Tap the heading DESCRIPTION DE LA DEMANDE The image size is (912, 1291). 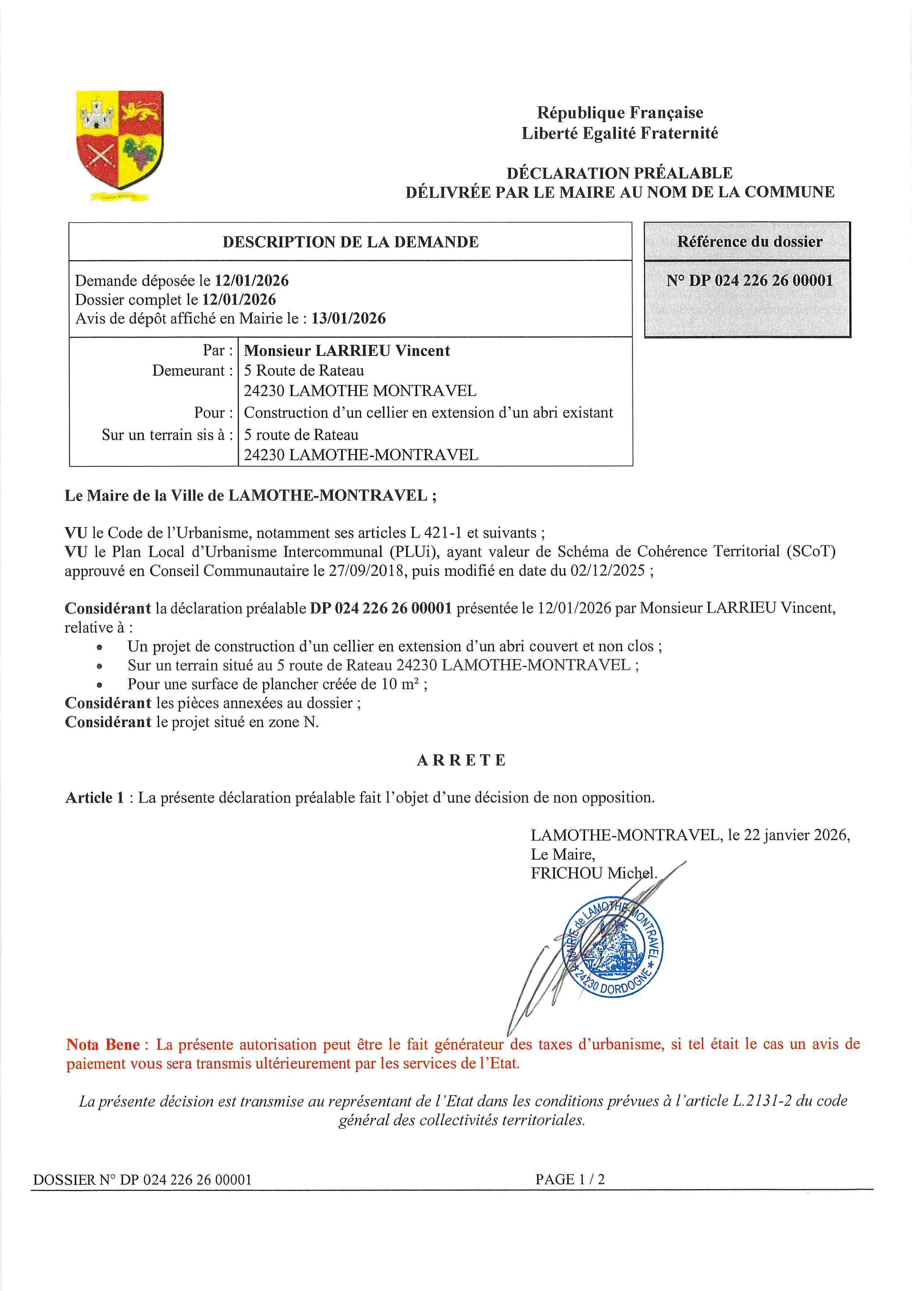[x=350, y=243]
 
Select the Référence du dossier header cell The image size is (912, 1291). [x=749, y=242]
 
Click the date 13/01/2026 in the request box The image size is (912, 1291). [x=348, y=319]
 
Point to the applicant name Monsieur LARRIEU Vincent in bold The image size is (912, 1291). [x=347, y=351]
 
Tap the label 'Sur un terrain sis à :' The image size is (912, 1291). [x=167, y=435]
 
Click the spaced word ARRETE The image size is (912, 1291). [x=462, y=760]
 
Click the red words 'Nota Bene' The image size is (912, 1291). [x=103, y=1045]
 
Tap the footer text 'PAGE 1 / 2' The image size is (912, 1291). [x=570, y=1179]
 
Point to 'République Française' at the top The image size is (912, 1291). [x=620, y=113]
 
